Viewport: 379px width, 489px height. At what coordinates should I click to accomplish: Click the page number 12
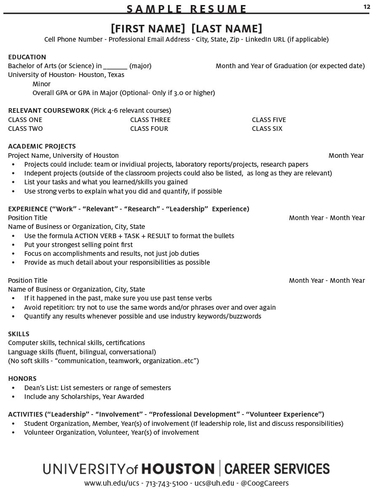point(366,7)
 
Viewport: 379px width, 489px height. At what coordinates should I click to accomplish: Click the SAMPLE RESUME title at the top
point(187,9)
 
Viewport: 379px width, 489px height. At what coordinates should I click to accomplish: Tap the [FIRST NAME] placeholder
point(148,29)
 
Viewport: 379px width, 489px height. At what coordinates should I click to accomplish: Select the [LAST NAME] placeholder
point(227,29)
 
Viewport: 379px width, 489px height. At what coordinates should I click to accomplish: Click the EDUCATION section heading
point(27,57)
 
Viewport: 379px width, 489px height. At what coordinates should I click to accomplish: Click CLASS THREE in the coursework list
point(150,120)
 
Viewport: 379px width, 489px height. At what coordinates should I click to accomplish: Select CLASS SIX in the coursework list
point(267,129)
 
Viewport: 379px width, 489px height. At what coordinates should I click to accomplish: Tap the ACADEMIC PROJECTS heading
point(42,146)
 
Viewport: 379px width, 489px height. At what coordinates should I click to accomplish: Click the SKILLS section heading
point(19,334)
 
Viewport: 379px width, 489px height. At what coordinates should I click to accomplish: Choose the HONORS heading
point(22,379)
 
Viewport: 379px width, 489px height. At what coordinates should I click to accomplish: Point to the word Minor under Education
point(41,84)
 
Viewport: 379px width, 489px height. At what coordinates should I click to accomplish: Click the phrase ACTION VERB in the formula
point(95,236)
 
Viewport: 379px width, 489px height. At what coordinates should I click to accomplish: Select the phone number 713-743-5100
point(167,483)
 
